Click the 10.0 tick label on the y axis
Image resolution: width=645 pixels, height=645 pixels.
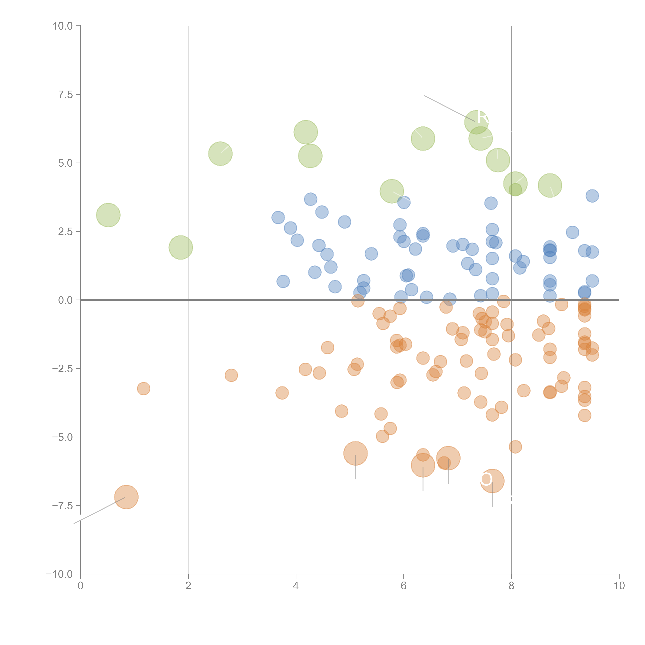63,26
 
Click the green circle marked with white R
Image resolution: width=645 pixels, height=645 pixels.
476,122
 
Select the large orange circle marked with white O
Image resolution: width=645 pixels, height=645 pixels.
492,481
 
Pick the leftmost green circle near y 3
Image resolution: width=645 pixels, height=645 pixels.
108,215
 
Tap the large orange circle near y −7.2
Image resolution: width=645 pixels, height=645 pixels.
126,497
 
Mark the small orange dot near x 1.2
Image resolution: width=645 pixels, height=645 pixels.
144,389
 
